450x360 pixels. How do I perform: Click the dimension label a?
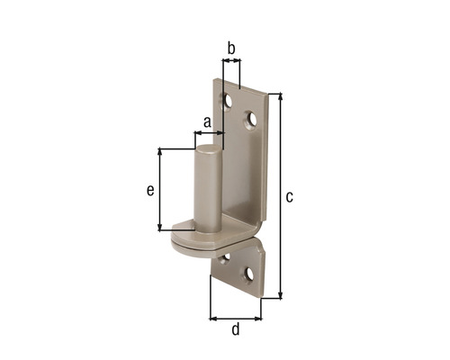point(207,122)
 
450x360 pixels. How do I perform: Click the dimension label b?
point(231,48)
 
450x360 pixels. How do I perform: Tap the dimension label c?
point(289,197)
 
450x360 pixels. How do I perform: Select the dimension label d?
point(236,328)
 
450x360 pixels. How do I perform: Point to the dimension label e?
point(150,190)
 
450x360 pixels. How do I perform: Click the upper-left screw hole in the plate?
point(228,102)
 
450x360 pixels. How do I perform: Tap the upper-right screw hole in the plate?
point(251,120)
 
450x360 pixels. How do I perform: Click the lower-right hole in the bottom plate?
point(248,274)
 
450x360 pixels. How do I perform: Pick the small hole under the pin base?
point(225,258)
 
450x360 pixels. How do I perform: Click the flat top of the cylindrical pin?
point(209,148)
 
